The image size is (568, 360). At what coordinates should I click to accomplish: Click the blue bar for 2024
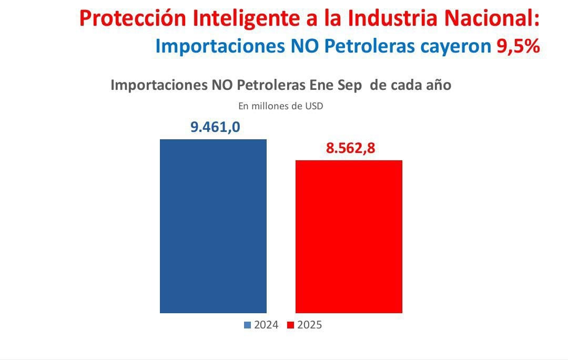[213, 226]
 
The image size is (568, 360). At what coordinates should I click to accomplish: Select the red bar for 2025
[349, 236]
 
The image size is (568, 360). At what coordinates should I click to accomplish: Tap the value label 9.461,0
[215, 127]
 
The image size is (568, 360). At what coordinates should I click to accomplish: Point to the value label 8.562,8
[350, 148]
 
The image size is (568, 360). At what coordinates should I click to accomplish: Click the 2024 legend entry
[266, 325]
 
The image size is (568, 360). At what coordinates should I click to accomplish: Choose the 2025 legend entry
[309, 325]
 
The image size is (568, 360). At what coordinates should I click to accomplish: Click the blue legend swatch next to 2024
[247, 325]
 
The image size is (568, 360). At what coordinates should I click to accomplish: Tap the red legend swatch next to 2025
[290, 325]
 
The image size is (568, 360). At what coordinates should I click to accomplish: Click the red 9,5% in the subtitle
[518, 46]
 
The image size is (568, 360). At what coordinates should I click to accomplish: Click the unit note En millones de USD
[280, 106]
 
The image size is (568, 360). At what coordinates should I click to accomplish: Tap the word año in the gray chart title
[438, 85]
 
